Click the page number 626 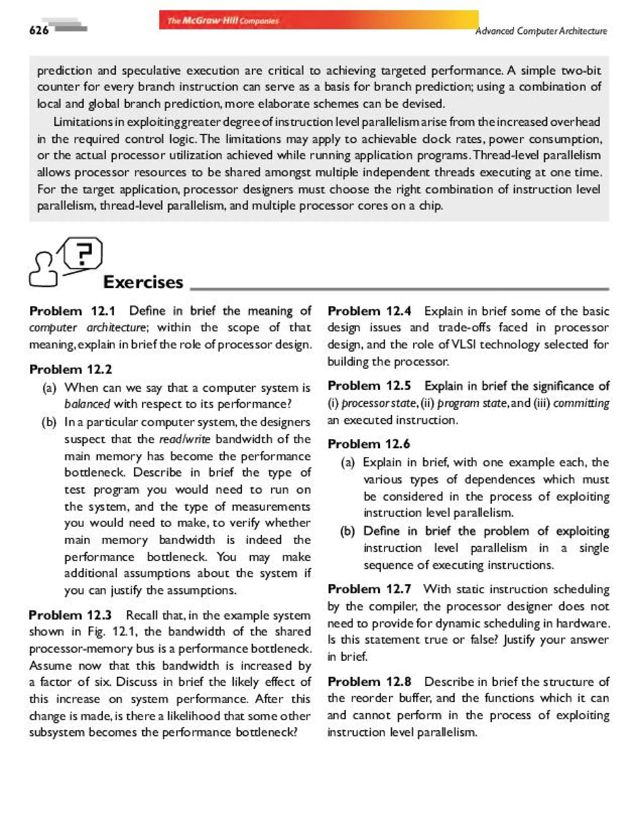coord(39,30)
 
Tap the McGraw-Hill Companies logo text coord(223,21)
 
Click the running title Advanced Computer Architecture coord(541,31)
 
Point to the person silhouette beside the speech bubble coord(43,270)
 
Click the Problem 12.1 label coord(72,311)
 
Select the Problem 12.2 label coord(71,369)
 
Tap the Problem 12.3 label coord(70,615)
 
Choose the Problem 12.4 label coord(369,311)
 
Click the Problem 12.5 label coord(369,386)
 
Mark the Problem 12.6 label coord(369,444)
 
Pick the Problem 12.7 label coord(369,589)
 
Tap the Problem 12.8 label coord(369,681)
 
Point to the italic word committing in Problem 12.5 coord(581,403)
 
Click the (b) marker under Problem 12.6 coord(347,531)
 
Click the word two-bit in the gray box coord(581,71)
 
